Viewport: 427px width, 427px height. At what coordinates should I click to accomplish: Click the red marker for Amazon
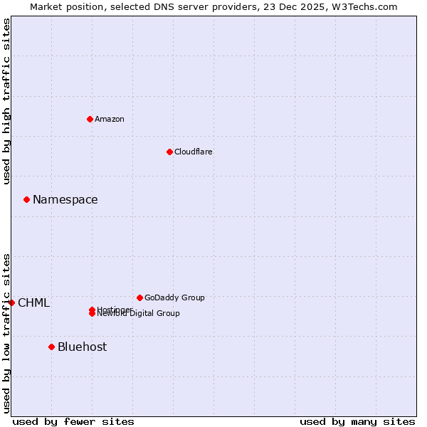(x=90, y=119)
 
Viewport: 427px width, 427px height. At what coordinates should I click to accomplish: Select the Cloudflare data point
(x=169, y=152)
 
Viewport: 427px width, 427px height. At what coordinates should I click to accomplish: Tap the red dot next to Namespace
(x=26, y=199)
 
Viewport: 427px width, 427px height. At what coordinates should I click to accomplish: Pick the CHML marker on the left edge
(x=11, y=302)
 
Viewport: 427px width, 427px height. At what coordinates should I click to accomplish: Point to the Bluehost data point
(x=51, y=347)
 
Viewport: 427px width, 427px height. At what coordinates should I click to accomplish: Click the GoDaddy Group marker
(x=139, y=297)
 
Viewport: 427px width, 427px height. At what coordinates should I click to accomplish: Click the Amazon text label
(x=110, y=119)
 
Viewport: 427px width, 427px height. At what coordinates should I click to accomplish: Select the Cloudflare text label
(x=194, y=152)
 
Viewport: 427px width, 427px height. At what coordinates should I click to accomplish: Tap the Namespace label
(x=65, y=199)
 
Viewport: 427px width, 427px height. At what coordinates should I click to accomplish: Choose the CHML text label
(x=34, y=302)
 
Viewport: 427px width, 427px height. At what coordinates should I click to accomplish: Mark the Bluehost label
(x=83, y=347)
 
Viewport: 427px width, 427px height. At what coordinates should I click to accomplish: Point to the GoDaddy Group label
(x=174, y=297)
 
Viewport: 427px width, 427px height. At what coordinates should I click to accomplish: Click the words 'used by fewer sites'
(x=73, y=421)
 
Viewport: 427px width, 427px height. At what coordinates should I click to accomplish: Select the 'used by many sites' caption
(x=357, y=421)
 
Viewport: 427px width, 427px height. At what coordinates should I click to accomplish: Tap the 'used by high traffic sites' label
(x=6, y=101)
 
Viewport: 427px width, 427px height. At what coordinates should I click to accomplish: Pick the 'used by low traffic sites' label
(x=6, y=333)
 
